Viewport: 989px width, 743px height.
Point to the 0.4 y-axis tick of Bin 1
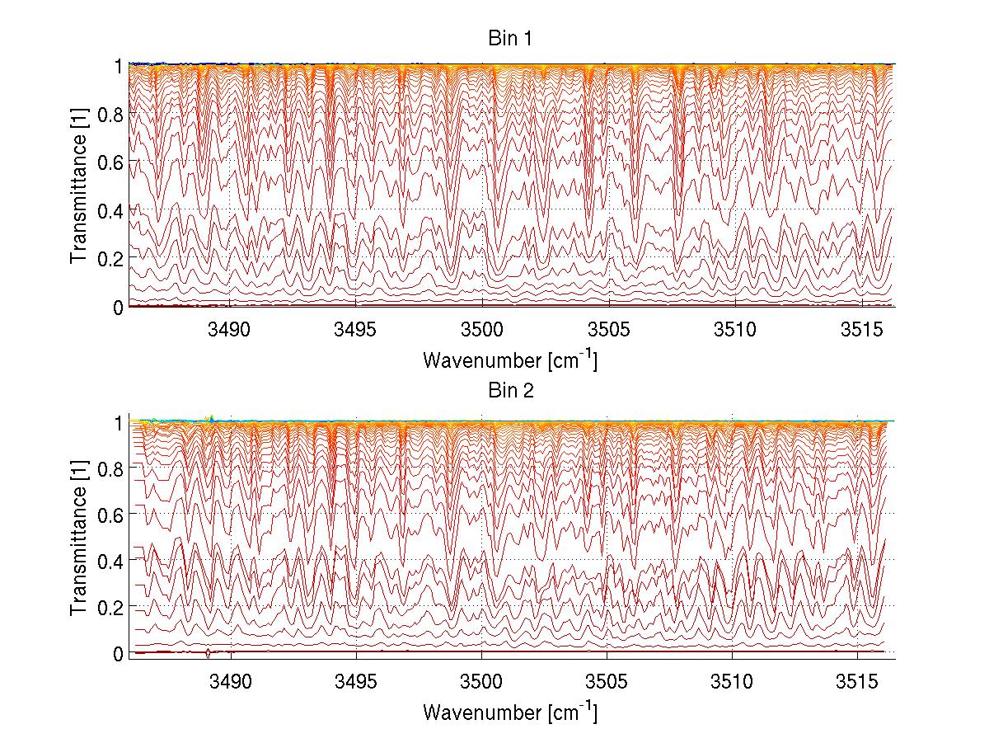pos(110,210)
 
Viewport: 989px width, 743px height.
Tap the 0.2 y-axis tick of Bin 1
pos(110,258)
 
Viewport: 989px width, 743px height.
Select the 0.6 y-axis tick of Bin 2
pos(110,514)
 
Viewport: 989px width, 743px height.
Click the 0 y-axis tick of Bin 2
pos(119,652)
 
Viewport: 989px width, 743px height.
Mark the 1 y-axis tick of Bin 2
pos(119,421)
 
